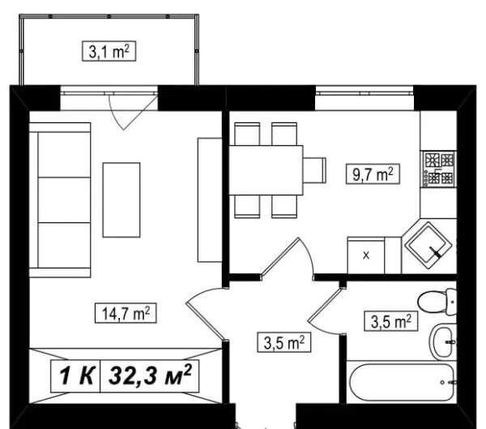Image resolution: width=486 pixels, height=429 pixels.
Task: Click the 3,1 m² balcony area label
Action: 109,51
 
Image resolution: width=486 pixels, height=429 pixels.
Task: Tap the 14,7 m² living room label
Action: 126,314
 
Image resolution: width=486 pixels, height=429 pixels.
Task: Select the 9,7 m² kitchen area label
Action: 373,174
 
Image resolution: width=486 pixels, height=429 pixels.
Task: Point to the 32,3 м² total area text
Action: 150,375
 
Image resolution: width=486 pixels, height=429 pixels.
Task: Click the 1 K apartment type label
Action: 76,376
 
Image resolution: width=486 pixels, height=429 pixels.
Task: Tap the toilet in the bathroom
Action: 437,302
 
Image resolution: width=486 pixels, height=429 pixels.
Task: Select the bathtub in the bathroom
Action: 403,383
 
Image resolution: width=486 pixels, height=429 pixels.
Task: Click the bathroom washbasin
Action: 443,341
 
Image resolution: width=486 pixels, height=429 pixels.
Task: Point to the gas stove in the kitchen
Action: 438,169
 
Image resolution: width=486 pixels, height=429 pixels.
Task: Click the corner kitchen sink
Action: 428,246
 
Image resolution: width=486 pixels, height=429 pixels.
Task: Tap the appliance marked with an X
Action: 366,255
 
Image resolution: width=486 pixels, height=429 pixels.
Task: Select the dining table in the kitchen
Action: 266,170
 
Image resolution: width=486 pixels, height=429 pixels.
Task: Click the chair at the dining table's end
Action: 314,170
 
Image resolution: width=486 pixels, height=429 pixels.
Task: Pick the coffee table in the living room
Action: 122,200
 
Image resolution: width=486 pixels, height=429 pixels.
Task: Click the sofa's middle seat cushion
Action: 64,200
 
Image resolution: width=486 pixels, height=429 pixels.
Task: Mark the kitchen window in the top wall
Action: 364,92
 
